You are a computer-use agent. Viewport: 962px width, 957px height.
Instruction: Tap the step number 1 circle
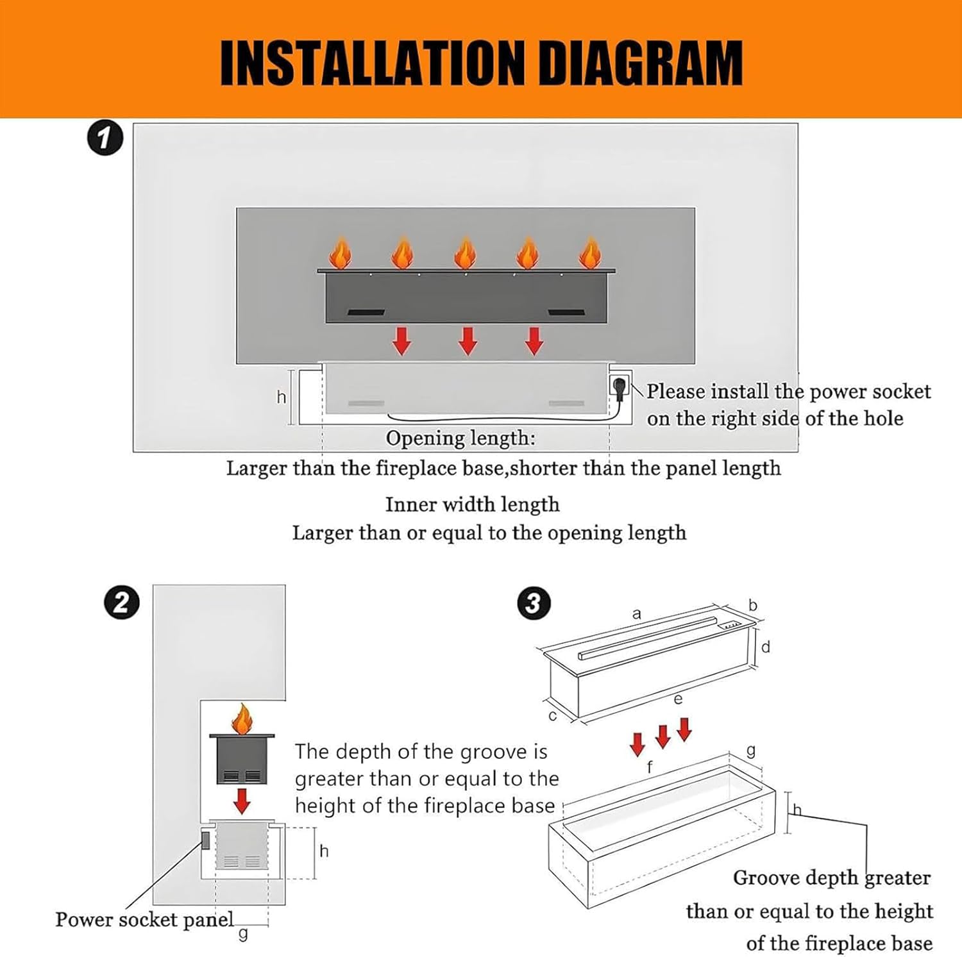(105, 139)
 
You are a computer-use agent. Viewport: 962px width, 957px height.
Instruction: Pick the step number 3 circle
(533, 604)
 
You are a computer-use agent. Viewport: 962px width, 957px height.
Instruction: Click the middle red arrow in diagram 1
(468, 341)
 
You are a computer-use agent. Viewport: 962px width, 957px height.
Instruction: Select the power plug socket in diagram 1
(620, 386)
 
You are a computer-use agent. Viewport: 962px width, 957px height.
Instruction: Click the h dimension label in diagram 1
(281, 397)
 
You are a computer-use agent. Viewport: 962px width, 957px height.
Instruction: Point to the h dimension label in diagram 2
(324, 851)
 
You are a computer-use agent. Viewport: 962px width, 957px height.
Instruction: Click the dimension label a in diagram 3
(636, 614)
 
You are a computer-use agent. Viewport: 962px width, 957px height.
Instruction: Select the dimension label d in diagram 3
(765, 647)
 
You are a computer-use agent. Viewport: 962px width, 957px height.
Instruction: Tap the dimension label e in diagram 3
(678, 699)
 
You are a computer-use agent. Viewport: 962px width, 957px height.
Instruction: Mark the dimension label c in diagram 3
(553, 716)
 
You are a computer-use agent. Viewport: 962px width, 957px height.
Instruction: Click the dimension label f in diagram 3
(650, 766)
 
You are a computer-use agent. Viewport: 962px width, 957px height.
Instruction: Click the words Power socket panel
(144, 919)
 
